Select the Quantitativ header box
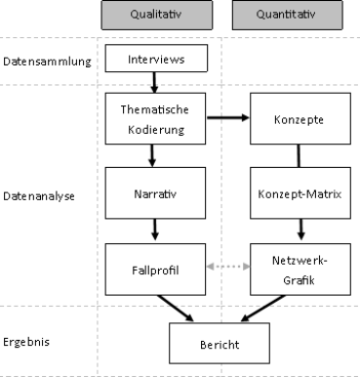pos(287,15)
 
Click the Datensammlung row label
pos(47,61)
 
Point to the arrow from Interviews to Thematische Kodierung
pos(154,82)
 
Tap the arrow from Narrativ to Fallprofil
pos(154,230)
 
